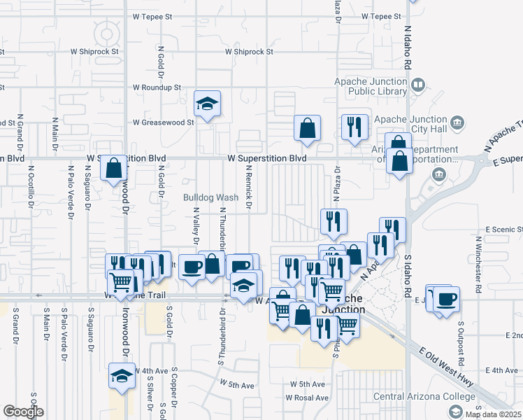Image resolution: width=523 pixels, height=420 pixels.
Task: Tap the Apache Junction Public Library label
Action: click(x=370, y=86)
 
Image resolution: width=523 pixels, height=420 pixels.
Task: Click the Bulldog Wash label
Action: click(x=211, y=197)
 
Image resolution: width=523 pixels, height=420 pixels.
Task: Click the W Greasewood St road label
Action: click(x=163, y=122)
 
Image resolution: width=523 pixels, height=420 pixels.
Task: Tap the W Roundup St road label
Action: click(x=157, y=87)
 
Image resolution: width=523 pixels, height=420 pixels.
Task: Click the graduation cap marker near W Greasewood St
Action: click(x=208, y=104)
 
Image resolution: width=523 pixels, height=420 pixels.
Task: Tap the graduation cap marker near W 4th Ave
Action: click(x=122, y=376)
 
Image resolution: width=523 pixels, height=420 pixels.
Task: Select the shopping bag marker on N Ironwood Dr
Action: click(x=113, y=169)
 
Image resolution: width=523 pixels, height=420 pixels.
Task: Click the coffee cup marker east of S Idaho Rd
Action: click(x=445, y=299)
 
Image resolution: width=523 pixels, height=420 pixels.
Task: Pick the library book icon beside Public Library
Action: click(x=418, y=85)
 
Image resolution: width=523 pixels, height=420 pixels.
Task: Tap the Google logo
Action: click(x=23, y=412)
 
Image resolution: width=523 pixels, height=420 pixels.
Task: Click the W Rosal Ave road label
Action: click(x=306, y=398)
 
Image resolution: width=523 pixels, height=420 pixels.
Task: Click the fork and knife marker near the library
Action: click(x=354, y=127)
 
